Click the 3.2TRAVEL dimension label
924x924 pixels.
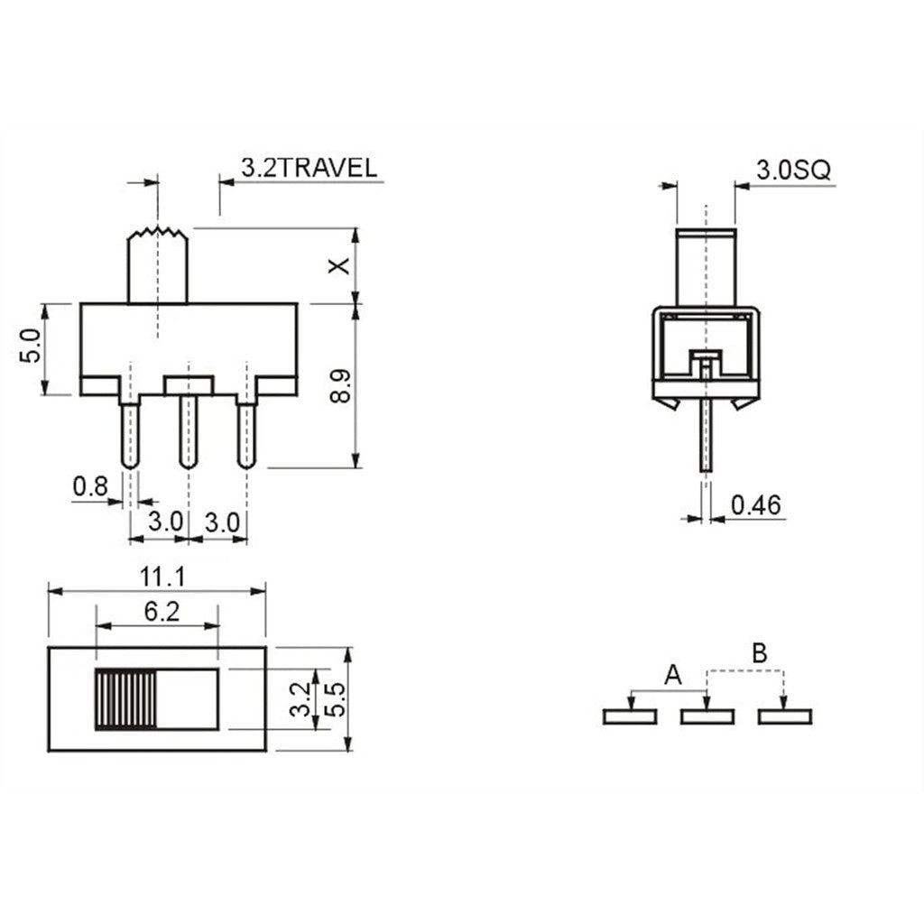click(x=309, y=168)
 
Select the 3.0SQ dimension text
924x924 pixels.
click(x=793, y=171)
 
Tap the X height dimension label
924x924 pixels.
click(x=339, y=266)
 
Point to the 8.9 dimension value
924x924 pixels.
click(x=340, y=386)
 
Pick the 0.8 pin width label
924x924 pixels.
click(x=91, y=486)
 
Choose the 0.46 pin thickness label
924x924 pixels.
click(x=755, y=505)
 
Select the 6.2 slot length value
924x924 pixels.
click(x=162, y=612)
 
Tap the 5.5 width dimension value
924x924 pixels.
click(x=337, y=699)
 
